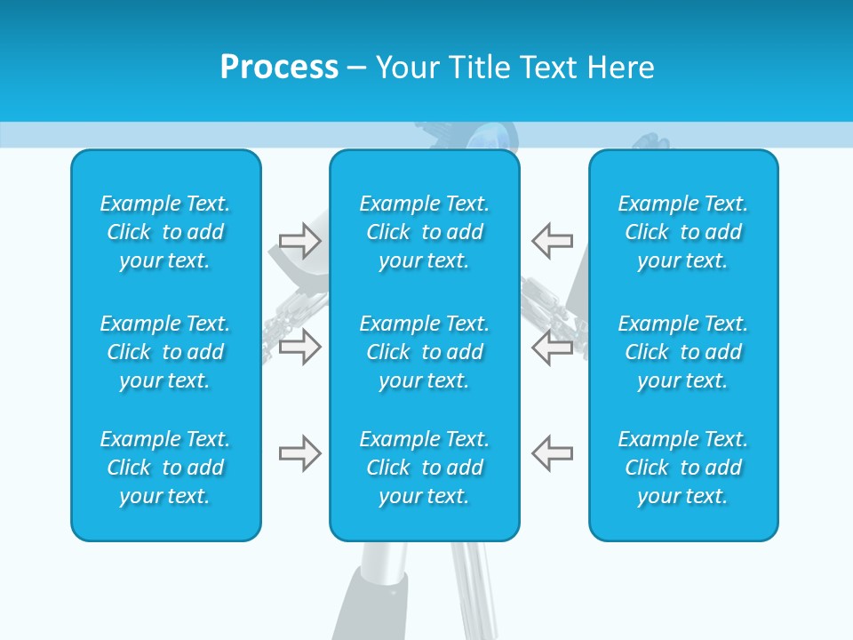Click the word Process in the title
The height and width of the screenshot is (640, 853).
point(279,68)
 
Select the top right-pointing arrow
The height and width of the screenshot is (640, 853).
point(299,240)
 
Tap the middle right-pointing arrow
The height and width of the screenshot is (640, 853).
point(299,347)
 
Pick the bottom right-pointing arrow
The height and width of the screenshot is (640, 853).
point(299,453)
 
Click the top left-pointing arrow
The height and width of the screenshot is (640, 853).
point(552,240)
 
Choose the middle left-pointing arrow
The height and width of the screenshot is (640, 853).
point(552,347)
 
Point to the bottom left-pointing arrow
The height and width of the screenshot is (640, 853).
point(552,453)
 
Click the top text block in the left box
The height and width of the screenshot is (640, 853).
point(165,232)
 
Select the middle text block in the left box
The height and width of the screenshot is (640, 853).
point(165,352)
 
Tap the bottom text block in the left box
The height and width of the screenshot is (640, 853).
point(165,468)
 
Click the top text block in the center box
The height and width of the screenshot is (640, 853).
point(425,232)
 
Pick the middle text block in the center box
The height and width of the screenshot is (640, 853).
point(425,352)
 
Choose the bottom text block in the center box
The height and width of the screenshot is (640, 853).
point(425,468)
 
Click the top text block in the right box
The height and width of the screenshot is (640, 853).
point(683,232)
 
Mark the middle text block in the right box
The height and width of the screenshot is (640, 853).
point(683,352)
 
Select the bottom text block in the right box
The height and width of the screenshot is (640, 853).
point(683,468)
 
